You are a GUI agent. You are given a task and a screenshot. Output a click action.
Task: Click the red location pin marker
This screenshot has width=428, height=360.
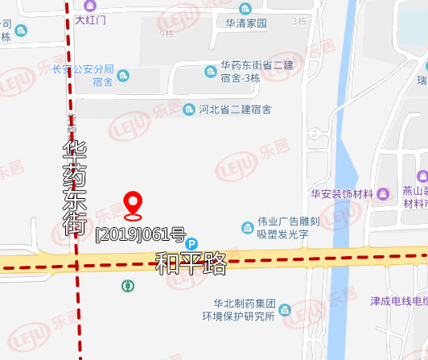(x=133, y=206)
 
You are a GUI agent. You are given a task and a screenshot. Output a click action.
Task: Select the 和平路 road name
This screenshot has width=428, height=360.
(x=191, y=263)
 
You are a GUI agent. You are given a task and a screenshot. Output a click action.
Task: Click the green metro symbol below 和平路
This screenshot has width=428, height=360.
(x=127, y=285)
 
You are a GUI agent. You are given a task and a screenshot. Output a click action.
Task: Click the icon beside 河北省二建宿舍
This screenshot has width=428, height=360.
(x=190, y=109)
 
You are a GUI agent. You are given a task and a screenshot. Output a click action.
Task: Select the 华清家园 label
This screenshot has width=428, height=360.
(x=245, y=24)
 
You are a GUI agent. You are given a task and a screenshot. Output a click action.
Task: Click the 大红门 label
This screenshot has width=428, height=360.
(x=90, y=19)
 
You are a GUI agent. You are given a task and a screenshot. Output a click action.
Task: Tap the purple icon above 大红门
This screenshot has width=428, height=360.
(x=89, y=5)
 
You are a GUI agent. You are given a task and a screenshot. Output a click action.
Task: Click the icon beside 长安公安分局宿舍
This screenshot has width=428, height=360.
(x=123, y=76)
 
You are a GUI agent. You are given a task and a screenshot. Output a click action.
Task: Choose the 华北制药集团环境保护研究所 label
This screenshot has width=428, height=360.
(x=245, y=310)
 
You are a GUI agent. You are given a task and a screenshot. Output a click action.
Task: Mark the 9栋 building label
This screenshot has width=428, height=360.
(x=167, y=34)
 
